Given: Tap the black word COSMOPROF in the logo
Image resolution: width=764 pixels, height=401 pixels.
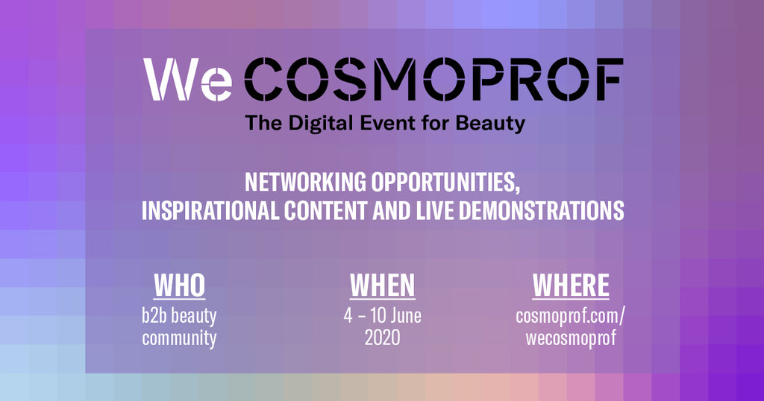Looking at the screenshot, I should click(433, 80).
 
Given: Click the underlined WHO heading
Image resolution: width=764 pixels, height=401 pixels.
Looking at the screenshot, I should click(179, 285).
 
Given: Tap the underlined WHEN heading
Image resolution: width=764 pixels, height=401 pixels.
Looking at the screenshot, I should click(382, 285).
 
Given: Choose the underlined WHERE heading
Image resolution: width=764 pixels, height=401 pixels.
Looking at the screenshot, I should click(571, 285).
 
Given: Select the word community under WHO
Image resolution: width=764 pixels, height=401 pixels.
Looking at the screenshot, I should click(179, 338).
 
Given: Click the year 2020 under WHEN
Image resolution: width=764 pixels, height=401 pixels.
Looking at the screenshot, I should click(382, 338).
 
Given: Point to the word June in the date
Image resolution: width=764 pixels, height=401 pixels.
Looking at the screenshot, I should click(402, 315).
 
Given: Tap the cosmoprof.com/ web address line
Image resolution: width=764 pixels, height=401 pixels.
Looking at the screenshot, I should click(571, 316).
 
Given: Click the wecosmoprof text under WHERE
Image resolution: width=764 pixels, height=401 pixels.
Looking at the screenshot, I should click(571, 338).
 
